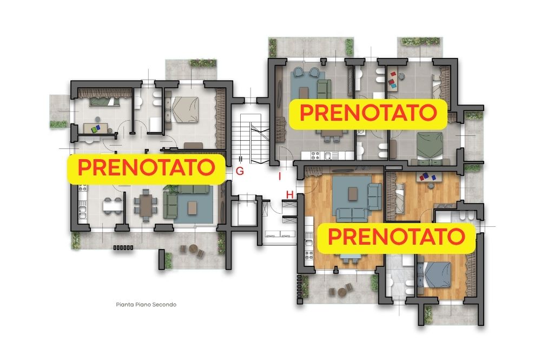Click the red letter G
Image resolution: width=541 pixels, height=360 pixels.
tap(240, 171)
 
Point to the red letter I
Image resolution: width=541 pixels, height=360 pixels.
tap(280, 176)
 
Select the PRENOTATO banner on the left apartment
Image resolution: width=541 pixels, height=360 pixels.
tap(146, 169)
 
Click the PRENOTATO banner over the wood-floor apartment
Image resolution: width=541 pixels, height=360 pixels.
tap(396, 238)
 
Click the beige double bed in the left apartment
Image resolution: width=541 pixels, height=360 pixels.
tap(184, 109)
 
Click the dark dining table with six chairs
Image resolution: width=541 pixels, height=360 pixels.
tap(146, 205)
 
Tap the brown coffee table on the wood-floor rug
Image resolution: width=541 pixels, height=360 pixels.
tap(353, 193)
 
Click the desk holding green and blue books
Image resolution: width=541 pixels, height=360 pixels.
tap(95, 128)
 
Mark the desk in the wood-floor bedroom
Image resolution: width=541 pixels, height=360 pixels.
tap(430, 176)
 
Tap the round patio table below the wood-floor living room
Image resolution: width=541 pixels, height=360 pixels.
tap(341, 292)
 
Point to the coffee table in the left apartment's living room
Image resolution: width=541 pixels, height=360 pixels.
tap(192, 207)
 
